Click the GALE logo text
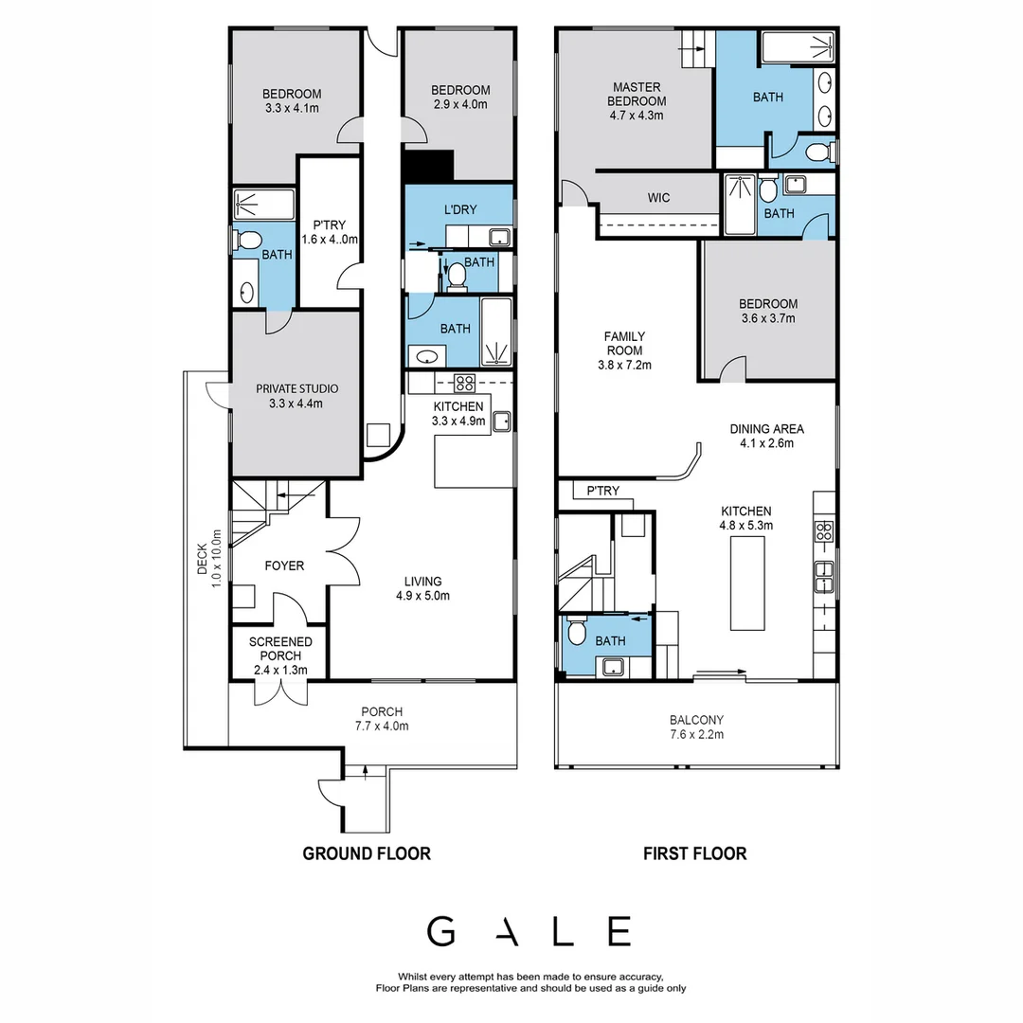(529, 931)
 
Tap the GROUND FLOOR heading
(366, 853)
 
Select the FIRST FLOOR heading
(694, 853)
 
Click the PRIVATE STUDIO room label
(296, 388)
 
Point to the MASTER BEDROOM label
(636, 94)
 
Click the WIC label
(659, 198)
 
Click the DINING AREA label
(767, 428)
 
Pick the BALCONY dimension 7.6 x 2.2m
(696, 733)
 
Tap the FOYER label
(284, 565)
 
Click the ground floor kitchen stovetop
(464, 383)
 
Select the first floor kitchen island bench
(747, 583)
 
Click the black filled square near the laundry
(428, 167)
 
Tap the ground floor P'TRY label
(329, 224)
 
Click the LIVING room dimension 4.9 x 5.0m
(422, 596)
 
